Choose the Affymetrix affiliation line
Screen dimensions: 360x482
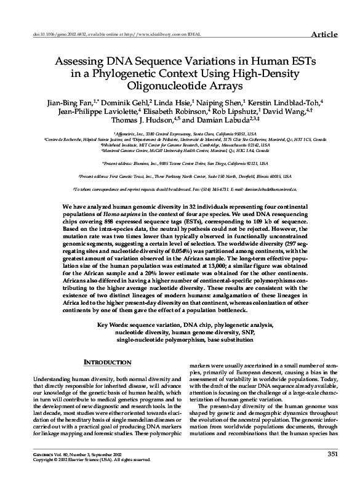point(179,133)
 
